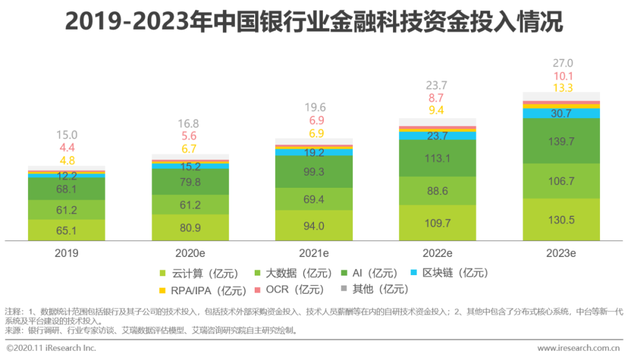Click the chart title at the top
tap(314, 22)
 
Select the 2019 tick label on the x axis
tap(67, 253)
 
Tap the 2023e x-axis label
tap(561, 253)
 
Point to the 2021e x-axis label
tap(314, 253)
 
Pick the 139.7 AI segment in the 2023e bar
tap(561, 141)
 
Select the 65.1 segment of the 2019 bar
tap(67, 230)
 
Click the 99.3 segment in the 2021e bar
tap(314, 172)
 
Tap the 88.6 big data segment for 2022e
tap(437, 191)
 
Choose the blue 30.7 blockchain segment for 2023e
tap(561, 114)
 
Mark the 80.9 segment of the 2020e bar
tap(190, 227)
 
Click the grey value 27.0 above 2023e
tap(562, 63)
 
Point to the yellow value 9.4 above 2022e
tap(437, 111)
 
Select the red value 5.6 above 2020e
tap(190, 136)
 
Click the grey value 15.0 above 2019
tap(67, 136)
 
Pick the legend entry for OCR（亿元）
tap(287, 290)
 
